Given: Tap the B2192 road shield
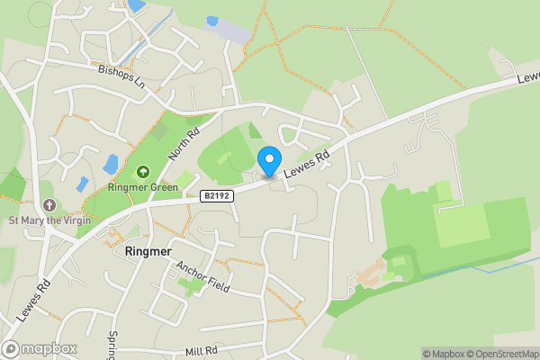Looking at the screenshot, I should pos(216,194).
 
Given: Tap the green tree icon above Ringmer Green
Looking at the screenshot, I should pos(142,171).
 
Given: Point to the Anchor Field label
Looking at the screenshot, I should pos(203,277).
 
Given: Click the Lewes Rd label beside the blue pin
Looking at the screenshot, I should pos(307,165).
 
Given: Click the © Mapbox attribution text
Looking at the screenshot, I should pos(444,354).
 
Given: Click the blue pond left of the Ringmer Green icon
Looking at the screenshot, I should pos(111,164).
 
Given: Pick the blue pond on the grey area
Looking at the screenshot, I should pos(212,21).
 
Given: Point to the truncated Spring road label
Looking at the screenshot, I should pos(112,345).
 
